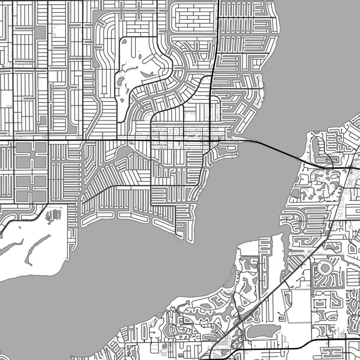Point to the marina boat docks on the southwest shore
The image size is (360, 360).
click(x=53, y=214)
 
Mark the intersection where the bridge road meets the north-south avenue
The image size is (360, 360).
click(x=209, y=139)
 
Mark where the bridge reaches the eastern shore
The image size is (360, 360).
click(x=300, y=158)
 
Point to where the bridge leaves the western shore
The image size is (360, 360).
click(x=240, y=140)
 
